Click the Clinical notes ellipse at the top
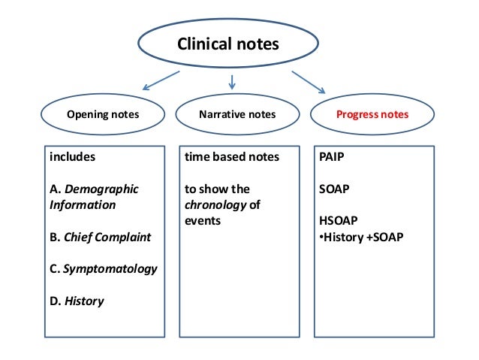tap(227, 44)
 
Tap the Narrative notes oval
tap(236, 115)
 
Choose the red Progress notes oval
tap(372, 115)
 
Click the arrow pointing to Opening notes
tap(161, 81)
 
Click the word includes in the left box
tap(73, 158)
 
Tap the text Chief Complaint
tap(108, 237)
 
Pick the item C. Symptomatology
tap(103, 268)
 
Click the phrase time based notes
tap(232, 158)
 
